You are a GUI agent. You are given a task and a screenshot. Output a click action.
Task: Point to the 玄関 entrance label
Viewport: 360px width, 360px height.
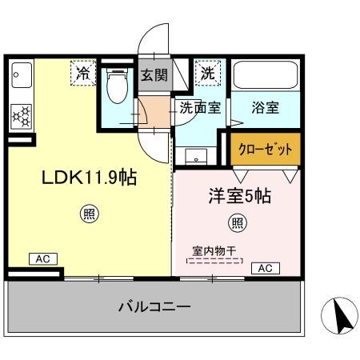pos(154,77)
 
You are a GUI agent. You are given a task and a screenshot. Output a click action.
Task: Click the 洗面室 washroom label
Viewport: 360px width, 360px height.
pos(199,109)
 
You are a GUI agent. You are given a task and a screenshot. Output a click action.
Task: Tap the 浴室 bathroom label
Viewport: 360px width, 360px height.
pos(265,109)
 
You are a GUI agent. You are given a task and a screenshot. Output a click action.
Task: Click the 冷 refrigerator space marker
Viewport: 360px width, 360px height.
pos(82,73)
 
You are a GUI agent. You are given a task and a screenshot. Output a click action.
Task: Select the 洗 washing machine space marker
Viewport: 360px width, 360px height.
pos(207,73)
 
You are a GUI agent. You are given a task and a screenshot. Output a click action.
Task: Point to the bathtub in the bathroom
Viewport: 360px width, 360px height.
pos(266,78)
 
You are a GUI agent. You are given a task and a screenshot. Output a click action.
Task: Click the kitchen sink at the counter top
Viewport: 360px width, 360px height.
pos(20,77)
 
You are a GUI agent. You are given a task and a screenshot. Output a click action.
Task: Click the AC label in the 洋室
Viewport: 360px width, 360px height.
pos(265,267)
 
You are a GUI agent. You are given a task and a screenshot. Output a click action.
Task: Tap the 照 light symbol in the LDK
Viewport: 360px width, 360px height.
pos(90,214)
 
